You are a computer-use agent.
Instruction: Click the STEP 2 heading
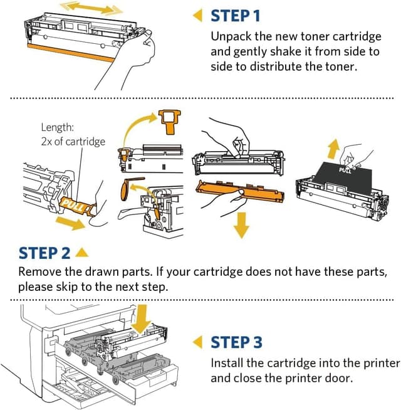tap(44, 253)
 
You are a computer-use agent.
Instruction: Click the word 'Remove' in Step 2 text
tap(39, 273)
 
